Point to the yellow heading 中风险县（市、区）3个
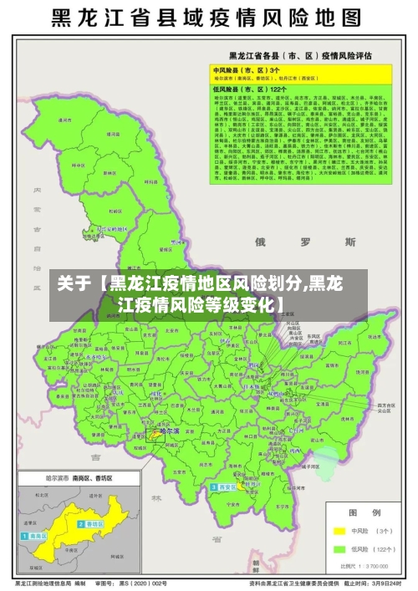pos(242,71)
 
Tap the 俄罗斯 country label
pos(305,242)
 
